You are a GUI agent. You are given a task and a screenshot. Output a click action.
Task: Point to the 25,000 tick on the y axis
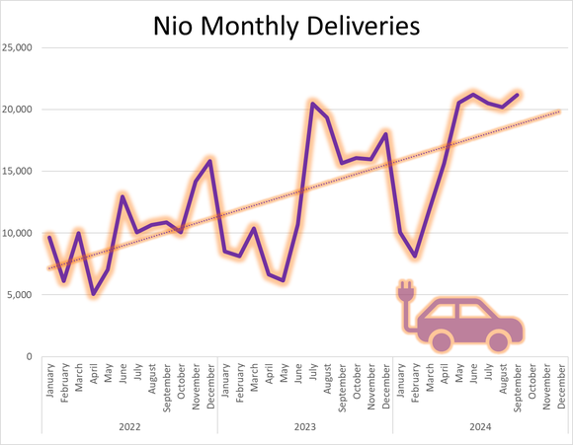pos(21,47)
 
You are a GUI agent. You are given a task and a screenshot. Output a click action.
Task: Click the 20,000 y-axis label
pos(21,110)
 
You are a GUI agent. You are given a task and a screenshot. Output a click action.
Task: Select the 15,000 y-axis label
pos(21,172)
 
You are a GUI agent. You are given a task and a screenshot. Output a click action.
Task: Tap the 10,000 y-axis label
pos(21,233)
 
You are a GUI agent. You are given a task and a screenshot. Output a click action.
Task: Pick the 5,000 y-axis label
pos(23,295)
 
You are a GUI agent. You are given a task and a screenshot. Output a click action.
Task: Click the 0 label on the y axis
pos(32,357)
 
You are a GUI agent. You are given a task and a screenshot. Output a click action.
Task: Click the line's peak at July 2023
pos(312,103)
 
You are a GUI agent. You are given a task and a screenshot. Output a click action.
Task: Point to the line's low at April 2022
pos(93,294)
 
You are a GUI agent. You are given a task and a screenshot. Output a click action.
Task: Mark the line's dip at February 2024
pos(415,257)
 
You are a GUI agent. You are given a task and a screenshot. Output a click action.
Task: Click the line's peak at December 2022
pos(209,160)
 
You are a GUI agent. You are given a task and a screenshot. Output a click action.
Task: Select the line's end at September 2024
pos(517,95)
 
